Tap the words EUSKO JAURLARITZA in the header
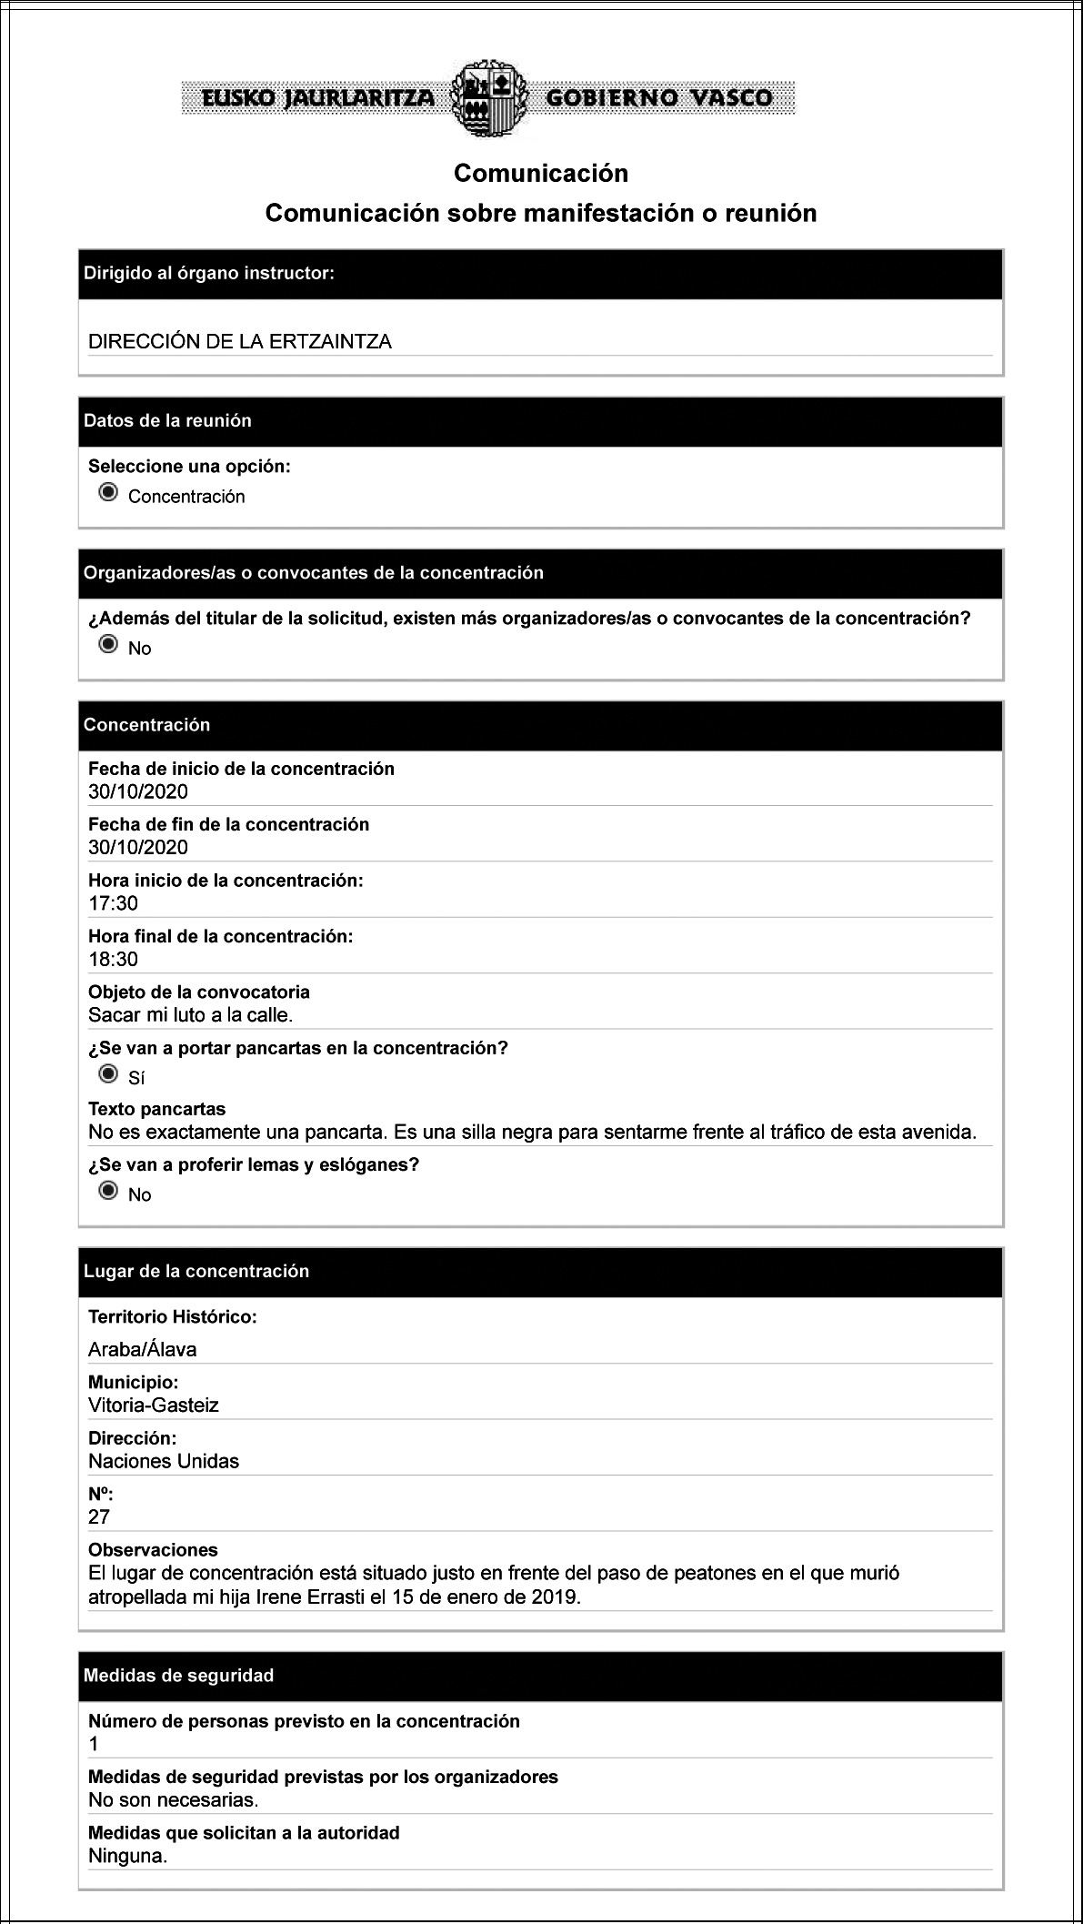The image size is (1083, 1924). click(318, 98)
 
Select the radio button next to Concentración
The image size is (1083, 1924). click(108, 493)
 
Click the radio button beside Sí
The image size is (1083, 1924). click(108, 1074)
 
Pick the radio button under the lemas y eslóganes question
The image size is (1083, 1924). click(108, 1191)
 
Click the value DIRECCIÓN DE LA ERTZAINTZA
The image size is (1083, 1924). click(240, 342)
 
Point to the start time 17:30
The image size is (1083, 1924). click(113, 903)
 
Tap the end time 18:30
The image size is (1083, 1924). click(113, 959)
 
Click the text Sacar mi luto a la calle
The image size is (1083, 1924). click(190, 1014)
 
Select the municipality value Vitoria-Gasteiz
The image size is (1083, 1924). click(154, 1405)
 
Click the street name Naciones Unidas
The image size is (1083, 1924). click(164, 1461)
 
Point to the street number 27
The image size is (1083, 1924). click(99, 1516)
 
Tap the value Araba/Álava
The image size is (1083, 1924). click(142, 1349)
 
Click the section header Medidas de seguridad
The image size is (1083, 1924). click(178, 1676)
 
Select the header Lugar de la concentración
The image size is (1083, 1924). click(196, 1271)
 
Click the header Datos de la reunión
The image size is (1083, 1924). click(167, 420)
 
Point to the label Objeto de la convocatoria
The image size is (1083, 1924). click(199, 992)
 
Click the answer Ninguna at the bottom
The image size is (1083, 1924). click(127, 1856)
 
